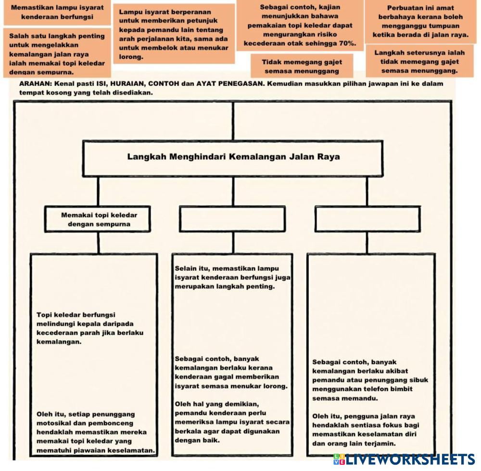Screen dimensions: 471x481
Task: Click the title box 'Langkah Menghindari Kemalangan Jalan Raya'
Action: [233, 157]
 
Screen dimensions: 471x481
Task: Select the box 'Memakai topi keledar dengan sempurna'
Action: [99, 219]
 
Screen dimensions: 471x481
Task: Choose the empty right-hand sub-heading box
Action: [368, 219]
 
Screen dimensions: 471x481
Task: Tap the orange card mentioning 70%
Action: [300, 25]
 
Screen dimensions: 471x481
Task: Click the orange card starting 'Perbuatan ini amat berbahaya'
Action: [420, 22]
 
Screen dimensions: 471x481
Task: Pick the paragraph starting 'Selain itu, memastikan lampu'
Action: [233, 277]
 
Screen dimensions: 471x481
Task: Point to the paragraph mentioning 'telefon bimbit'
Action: [369, 380]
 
